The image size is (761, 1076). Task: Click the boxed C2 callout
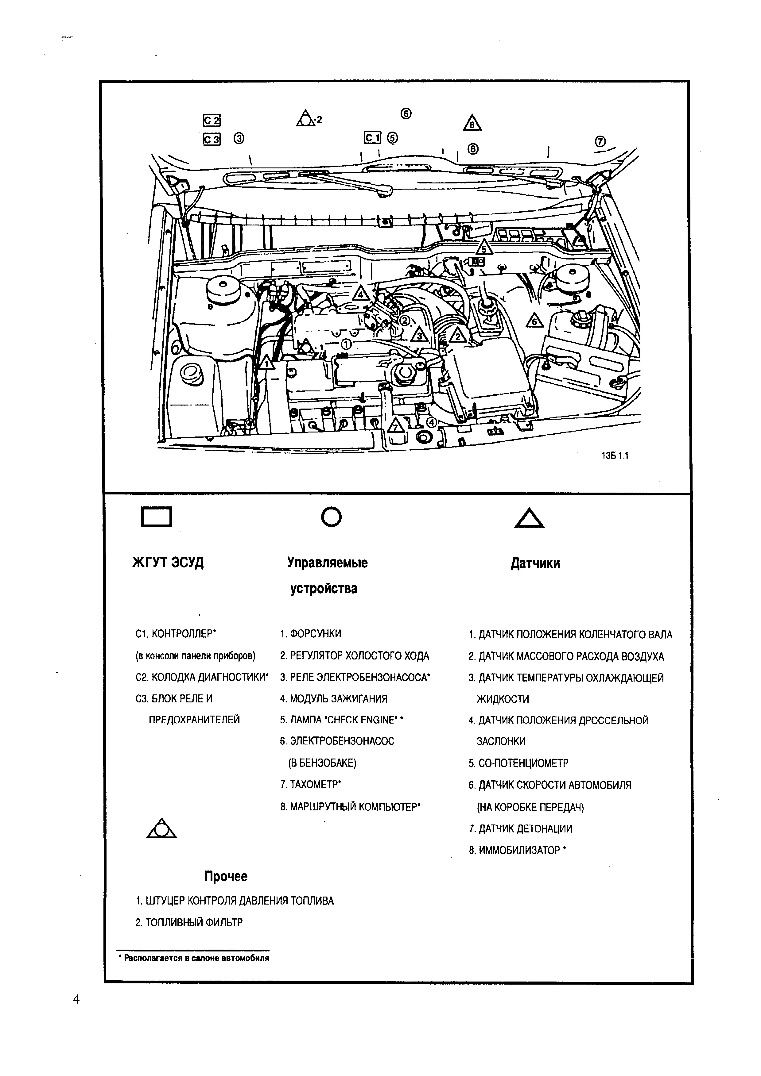(212, 121)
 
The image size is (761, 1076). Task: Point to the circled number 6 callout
(406, 114)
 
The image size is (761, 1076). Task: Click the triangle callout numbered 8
(472, 123)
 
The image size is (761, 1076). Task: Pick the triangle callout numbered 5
(484, 248)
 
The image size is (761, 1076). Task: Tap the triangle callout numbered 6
(534, 321)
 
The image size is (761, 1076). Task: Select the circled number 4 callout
(431, 422)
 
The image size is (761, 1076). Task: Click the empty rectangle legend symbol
(157, 517)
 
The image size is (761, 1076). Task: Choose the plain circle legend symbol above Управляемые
(332, 517)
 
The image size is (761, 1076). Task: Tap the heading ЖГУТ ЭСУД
(168, 562)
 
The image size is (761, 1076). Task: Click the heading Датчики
(535, 563)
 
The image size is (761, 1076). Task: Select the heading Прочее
(226, 876)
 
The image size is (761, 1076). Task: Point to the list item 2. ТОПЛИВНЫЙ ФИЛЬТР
(189, 923)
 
